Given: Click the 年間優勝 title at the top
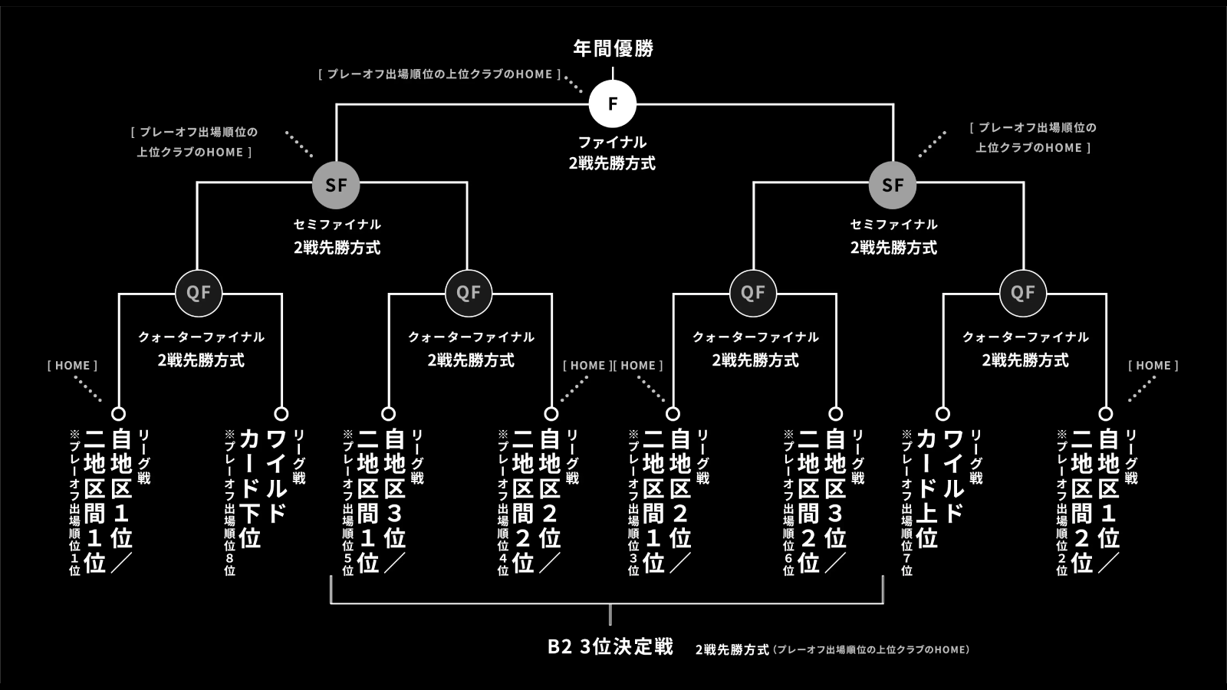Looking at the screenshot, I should click(613, 48).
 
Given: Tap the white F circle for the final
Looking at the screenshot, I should click(613, 103).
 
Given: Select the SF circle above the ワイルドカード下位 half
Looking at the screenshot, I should click(336, 185).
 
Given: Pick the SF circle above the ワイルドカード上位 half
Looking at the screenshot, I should click(893, 185).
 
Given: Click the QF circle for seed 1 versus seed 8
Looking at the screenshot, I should click(199, 293).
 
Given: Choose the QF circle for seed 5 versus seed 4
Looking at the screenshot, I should click(469, 293).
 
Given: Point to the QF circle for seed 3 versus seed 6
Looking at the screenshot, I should click(753, 293).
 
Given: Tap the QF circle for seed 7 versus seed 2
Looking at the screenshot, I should click(1023, 293).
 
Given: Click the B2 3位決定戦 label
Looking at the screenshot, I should click(610, 647).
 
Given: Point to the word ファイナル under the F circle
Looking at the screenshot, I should click(612, 143).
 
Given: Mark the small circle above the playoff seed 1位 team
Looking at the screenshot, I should click(119, 414).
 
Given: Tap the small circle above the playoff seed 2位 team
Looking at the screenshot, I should click(1106, 414).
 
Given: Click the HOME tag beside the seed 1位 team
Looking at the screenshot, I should click(72, 366).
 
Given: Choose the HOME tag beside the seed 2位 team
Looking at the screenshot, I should click(1153, 366).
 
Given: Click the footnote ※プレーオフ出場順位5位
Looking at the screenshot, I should click(347, 502).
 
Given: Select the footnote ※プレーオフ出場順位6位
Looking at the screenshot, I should click(788, 502).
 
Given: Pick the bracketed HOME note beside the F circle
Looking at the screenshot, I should click(439, 74).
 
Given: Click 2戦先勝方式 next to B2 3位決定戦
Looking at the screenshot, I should click(732, 650).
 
